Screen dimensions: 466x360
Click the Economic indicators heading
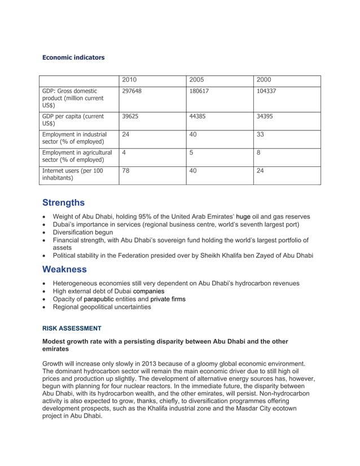[73, 58]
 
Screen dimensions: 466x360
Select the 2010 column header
[130, 80]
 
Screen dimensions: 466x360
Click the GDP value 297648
[132, 91]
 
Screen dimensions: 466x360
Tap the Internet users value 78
[126, 170]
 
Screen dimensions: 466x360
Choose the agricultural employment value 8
[258, 152]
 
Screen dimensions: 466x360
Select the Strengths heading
[64, 203]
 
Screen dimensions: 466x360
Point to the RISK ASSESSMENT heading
[72, 328]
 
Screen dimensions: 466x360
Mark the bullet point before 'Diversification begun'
[45, 232]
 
